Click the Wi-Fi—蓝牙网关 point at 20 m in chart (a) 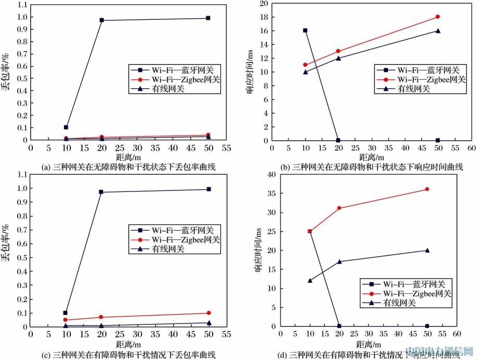102,20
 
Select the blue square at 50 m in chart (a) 208,18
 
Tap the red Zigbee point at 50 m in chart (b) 437,17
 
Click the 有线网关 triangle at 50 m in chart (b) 437,31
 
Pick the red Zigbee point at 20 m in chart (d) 339,208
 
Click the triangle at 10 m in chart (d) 310,281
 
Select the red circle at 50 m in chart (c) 208,313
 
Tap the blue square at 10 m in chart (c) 66,313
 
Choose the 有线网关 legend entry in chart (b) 414,89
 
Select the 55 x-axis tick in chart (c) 226,335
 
